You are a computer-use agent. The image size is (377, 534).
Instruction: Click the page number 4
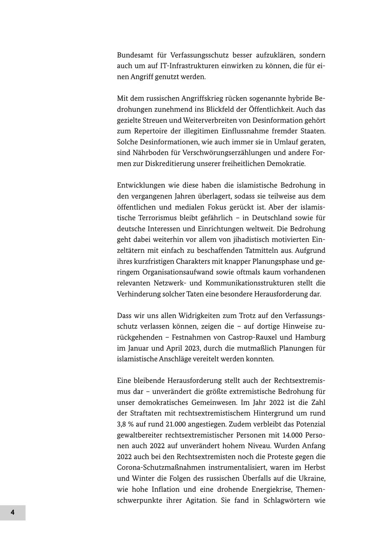coord(13,512)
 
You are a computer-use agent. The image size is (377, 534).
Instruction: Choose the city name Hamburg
coord(311,337)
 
